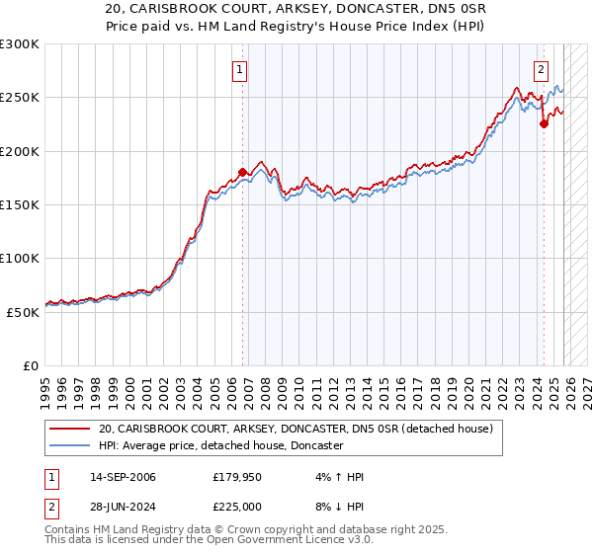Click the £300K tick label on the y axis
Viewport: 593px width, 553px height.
(20, 44)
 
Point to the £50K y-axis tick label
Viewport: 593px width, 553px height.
(23, 312)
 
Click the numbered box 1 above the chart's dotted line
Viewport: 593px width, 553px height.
(241, 70)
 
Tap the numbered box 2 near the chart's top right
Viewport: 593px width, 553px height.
(542, 70)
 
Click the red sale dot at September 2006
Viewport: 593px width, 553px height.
(243, 173)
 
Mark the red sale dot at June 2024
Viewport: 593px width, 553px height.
(544, 124)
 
